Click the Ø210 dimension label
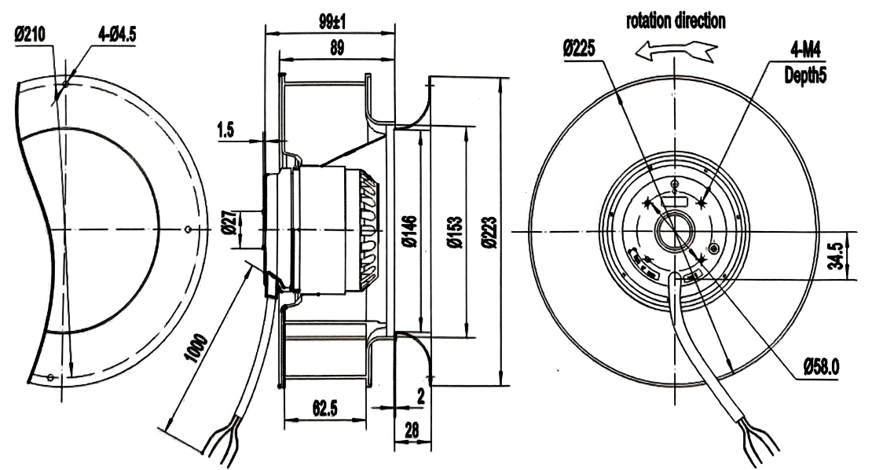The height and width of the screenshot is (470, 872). tap(30, 35)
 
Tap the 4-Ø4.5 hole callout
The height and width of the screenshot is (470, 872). tap(117, 35)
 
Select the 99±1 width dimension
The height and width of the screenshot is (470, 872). tap(332, 22)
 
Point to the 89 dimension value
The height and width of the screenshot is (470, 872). tap(337, 48)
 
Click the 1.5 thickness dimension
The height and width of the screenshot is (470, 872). tap(225, 130)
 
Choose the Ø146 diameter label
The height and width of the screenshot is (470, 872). tap(410, 232)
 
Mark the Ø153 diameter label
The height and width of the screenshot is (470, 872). tap(455, 232)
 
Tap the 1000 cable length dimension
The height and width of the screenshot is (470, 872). tap(196, 349)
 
